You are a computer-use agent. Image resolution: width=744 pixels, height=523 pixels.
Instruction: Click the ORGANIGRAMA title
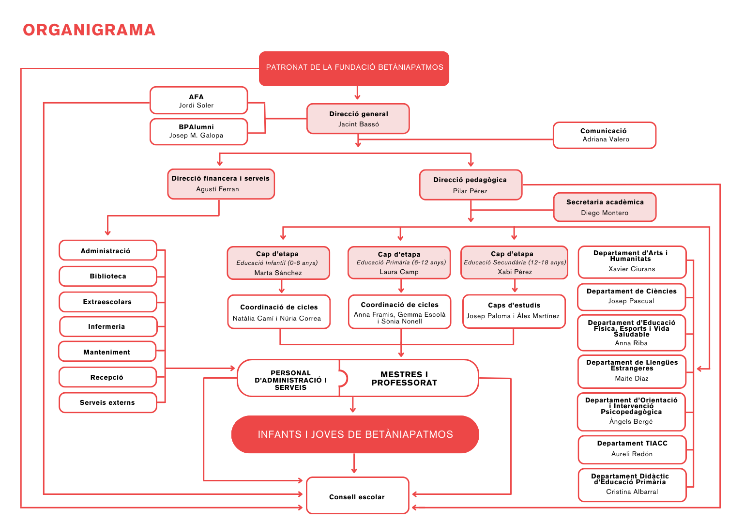tap(89, 30)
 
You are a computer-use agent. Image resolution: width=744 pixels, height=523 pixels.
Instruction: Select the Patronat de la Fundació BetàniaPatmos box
tap(354, 68)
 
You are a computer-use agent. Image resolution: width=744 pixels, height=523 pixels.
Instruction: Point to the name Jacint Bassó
tap(359, 124)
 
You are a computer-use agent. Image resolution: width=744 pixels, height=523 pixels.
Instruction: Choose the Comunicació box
tap(604, 135)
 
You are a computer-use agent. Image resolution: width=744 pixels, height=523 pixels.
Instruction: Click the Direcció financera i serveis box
tap(221, 184)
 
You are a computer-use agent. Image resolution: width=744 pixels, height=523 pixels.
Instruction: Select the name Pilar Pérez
tap(470, 191)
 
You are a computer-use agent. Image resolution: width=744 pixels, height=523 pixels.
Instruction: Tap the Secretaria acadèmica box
tap(605, 207)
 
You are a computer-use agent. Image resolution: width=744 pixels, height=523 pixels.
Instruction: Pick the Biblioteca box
tap(108, 277)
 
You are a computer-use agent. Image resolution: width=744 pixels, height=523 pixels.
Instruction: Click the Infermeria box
tap(108, 327)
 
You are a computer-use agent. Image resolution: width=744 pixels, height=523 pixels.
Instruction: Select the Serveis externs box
tap(108, 403)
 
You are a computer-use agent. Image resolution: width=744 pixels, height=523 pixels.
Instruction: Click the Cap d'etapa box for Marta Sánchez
tap(278, 263)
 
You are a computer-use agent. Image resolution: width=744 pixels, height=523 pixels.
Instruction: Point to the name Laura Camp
tap(399, 272)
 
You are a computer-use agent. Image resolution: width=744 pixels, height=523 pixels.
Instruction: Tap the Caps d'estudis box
tap(514, 311)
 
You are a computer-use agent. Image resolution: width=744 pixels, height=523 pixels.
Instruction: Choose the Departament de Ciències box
tap(631, 296)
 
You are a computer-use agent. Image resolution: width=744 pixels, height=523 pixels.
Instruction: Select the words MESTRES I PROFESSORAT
tap(404, 379)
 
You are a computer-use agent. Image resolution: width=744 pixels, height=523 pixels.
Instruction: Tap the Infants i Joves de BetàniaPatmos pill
tap(355, 434)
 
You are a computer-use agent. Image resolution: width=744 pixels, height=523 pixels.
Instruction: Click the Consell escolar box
tap(357, 496)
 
